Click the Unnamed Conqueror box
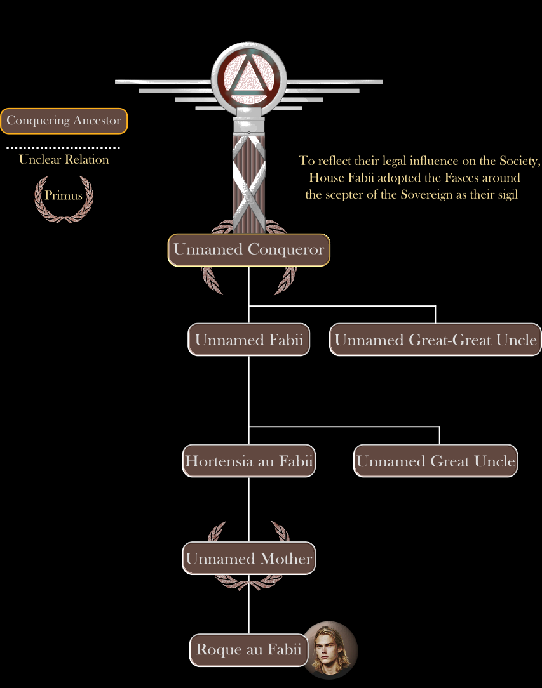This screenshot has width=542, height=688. click(248, 249)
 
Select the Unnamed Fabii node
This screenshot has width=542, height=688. click(248, 340)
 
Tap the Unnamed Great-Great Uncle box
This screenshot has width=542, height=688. click(435, 340)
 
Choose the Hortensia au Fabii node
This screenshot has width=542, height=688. click(248, 461)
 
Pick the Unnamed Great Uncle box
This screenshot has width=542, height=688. click(435, 461)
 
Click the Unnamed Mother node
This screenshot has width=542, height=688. click(248, 558)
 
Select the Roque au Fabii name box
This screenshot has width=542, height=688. click(248, 650)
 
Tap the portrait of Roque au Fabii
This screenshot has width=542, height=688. click(331, 650)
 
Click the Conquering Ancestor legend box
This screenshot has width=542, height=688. click(64, 121)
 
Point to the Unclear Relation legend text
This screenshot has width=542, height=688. click(64, 159)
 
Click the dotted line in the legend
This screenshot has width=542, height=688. click(64, 148)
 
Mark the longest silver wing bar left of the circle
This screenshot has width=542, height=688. click(163, 82)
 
